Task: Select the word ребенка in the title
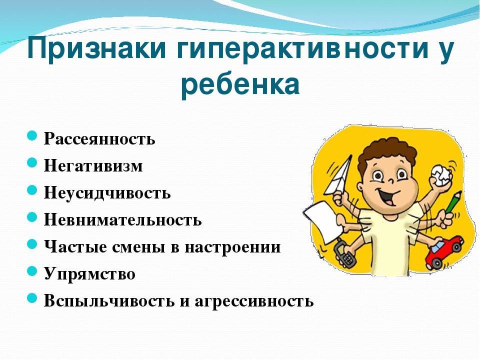240,85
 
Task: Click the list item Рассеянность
99,138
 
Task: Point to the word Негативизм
93,165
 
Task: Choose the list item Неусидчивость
107,192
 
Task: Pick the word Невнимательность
123,219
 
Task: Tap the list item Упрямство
89,274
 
